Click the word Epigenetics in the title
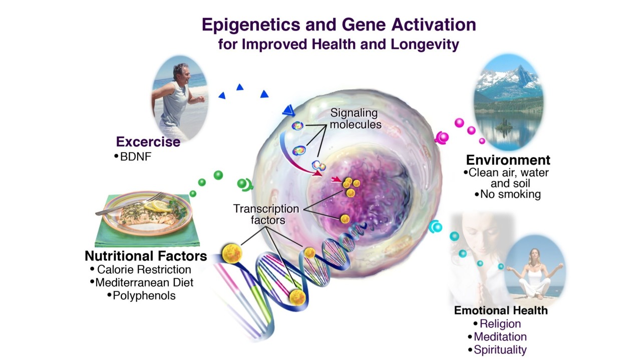[251, 25]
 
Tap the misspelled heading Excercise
[148, 142]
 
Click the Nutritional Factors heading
[146, 256]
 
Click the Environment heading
[508, 160]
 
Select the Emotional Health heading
[501, 310]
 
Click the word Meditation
[500, 337]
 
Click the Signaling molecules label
[356, 119]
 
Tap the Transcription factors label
[266, 214]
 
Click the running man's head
[181, 73]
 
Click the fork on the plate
[131, 204]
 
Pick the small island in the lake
[504, 125]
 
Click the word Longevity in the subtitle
[425, 45]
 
